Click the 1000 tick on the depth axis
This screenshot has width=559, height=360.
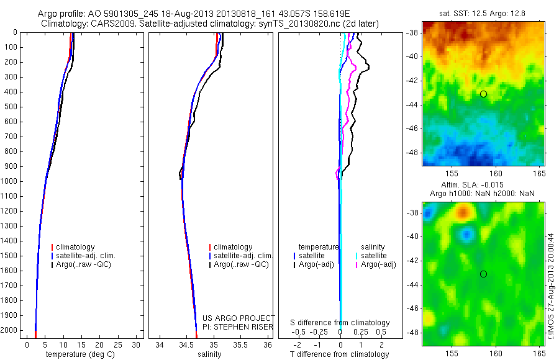pyautogui.click(x=13, y=181)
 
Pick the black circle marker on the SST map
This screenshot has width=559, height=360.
pyautogui.click(x=483, y=94)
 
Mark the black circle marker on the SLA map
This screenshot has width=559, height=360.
pyautogui.click(x=483, y=274)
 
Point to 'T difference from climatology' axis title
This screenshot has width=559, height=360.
pyautogui.click(x=340, y=354)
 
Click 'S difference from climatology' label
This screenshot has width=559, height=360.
pyautogui.click(x=340, y=323)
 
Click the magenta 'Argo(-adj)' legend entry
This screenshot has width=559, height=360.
pyautogui.click(x=378, y=264)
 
